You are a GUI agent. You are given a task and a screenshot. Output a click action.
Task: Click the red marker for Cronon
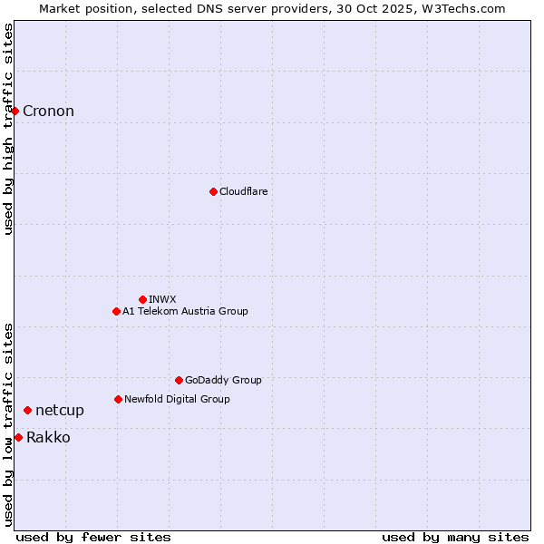click(15, 111)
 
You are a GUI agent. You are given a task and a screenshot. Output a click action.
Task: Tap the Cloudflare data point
click(213, 191)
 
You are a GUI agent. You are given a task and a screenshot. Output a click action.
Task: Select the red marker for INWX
click(142, 299)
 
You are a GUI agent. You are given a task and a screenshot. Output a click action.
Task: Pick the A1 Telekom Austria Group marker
click(116, 311)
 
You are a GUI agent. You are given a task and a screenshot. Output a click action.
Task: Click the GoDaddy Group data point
click(179, 380)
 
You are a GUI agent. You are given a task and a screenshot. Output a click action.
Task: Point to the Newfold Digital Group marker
click(118, 399)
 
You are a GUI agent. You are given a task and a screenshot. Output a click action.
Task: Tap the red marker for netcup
click(27, 410)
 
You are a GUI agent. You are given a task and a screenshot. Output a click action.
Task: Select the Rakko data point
click(18, 437)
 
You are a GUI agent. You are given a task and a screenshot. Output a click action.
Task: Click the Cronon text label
click(48, 112)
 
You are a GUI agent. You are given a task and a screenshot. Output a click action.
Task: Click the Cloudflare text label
click(243, 191)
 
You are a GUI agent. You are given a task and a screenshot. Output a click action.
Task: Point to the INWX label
click(162, 299)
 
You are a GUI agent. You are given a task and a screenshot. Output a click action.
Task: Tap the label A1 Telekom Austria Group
click(185, 311)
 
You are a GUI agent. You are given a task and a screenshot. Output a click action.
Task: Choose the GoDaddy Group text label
click(223, 380)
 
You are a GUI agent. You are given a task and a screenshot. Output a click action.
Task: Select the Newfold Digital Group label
click(177, 399)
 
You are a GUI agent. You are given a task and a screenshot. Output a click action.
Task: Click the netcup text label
click(60, 411)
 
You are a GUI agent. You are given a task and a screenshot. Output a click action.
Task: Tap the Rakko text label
click(48, 438)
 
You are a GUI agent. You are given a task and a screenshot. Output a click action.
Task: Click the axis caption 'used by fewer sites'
click(93, 537)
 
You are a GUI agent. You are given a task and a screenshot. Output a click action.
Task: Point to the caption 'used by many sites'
click(455, 537)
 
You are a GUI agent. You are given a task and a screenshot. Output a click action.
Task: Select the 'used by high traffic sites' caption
click(9, 129)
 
